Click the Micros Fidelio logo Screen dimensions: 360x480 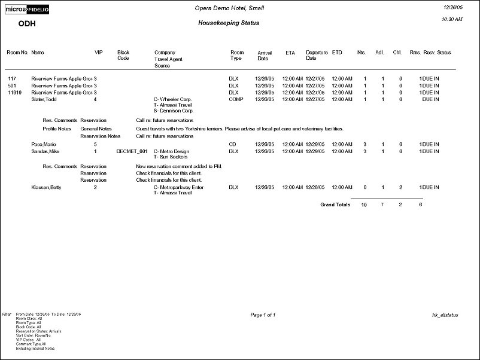click(x=28, y=10)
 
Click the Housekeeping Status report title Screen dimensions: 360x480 click(x=229, y=23)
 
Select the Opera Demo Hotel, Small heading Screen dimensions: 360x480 click(x=229, y=8)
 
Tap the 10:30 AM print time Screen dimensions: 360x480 click(x=451, y=19)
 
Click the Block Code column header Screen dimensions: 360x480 click(x=123, y=56)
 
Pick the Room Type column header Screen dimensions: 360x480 click(x=237, y=56)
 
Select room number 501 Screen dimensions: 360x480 click(x=11, y=86)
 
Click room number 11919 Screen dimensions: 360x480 click(x=15, y=93)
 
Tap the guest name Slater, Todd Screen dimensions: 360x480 click(x=44, y=100)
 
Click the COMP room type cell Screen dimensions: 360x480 click(x=236, y=100)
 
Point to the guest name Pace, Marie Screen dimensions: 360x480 click(x=43, y=145)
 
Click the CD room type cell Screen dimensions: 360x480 click(x=232, y=145)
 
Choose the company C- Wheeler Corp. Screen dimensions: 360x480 click(x=172, y=100)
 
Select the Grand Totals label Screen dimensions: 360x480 click(x=335, y=205)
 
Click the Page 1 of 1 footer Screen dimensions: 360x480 click(x=262, y=315)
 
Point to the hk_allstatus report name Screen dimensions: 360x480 click(x=445, y=315)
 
